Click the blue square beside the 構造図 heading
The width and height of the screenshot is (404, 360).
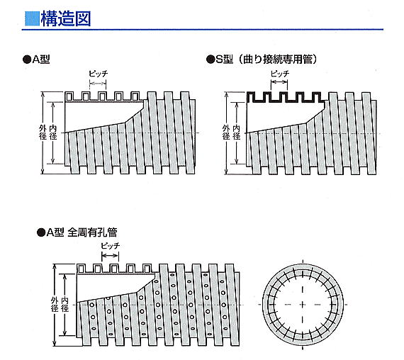pyautogui.click(x=33, y=18)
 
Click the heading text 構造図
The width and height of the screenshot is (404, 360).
pyautogui.click(x=66, y=18)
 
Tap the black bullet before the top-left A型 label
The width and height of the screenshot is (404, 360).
pyautogui.click(x=27, y=60)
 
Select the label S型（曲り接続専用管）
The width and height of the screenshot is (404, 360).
pyautogui.click(x=266, y=60)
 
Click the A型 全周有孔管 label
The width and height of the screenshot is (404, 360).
pyautogui.click(x=82, y=232)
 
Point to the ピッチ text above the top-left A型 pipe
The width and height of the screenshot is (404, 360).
pyautogui.click(x=99, y=74)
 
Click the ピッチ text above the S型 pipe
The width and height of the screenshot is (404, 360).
pyautogui.click(x=280, y=74)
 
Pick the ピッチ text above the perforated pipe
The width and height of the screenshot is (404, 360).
pyautogui.click(x=111, y=246)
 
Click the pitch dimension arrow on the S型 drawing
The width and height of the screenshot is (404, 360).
pyautogui.click(x=279, y=82)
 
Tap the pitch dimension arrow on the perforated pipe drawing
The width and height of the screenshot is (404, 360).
pyautogui.click(x=110, y=256)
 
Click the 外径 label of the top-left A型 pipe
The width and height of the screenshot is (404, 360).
pyautogui.click(x=43, y=133)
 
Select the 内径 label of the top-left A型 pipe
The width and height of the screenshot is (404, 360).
pyautogui.click(x=53, y=133)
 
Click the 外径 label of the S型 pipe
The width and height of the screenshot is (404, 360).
pyautogui.click(x=226, y=133)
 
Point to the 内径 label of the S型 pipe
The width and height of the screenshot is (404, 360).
pyautogui.click(x=237, y=133)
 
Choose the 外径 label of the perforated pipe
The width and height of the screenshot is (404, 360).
pyautogui.click(x=55, y=304)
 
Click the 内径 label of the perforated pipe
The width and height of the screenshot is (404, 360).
pyautogui.click(x=65, y=304)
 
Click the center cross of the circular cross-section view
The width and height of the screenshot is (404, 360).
pyautogui.click(x=303, y=305)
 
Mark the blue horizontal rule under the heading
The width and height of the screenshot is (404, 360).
pyautogui.click(x=203, y=30)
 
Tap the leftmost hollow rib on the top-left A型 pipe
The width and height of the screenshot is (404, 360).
pyautogui.click(x=69, y=96)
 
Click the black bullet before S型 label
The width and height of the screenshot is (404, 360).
pyautogui.click(x=211, y=60)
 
